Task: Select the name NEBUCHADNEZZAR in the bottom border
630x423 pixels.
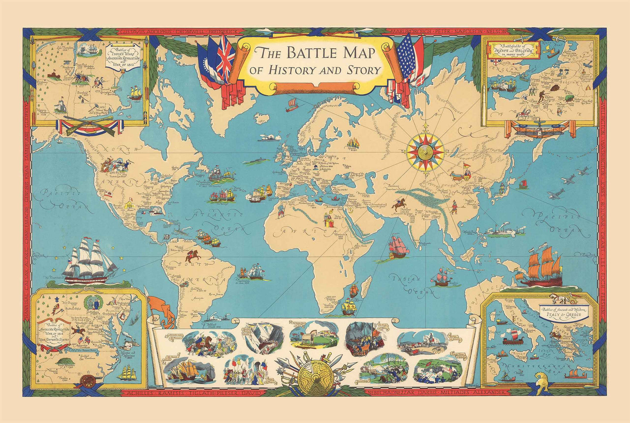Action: [x=392, y=392]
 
